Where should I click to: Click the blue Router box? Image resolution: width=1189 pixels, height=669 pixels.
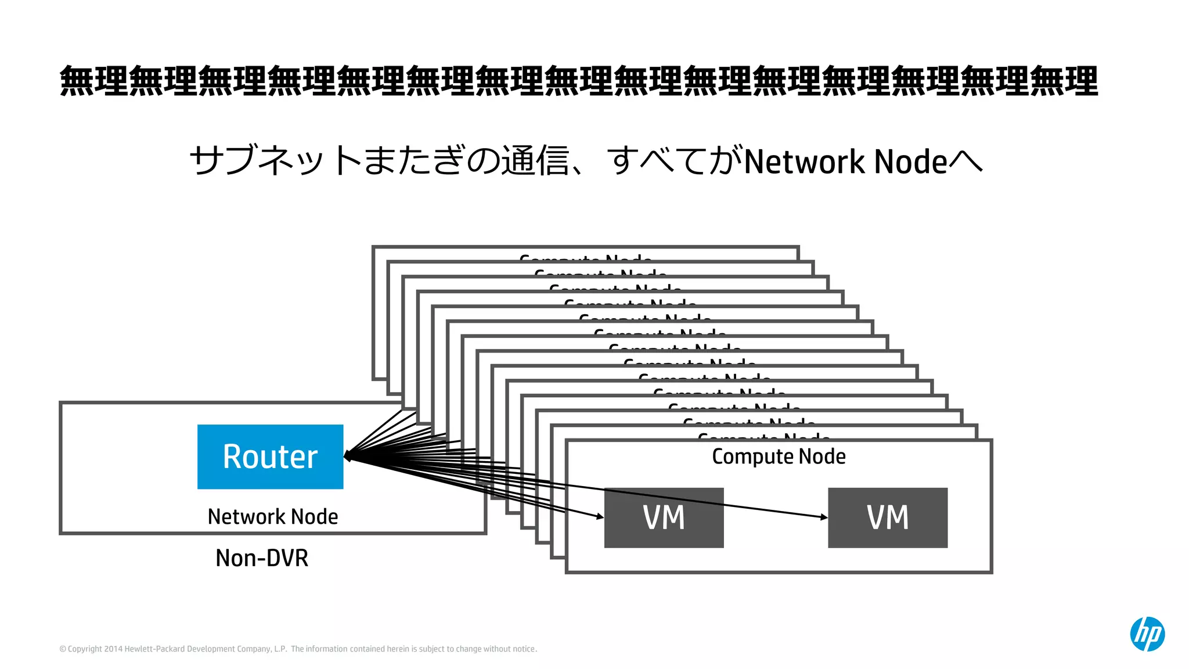pos(270,456)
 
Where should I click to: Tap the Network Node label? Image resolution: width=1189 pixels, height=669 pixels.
pos(273,516)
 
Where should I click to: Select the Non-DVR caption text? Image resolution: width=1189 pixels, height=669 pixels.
pos(262,558)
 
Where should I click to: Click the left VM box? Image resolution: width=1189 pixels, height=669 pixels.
pos(664,517)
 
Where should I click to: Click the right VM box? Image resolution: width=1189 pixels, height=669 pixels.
pos(887,517)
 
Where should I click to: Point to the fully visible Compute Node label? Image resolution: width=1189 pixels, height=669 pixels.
pos(779,456)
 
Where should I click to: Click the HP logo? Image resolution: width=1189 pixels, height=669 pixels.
pos(1147,634)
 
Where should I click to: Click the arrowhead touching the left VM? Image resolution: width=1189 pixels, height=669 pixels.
pos(600,516)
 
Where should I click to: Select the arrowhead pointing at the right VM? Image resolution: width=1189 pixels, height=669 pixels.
pos(824,517)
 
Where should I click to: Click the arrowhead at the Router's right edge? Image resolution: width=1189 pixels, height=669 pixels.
pos(348,456)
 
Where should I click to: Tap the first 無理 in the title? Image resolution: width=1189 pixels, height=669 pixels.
pos(94,81)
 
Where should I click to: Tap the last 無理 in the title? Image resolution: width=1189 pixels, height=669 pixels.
pos(1064,81)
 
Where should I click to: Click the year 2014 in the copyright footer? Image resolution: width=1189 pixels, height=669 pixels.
pos(113,649)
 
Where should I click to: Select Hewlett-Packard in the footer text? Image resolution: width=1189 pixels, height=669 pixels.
pos(154,649)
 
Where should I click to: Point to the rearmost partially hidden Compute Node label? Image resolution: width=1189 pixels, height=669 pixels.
pos(585,258)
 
